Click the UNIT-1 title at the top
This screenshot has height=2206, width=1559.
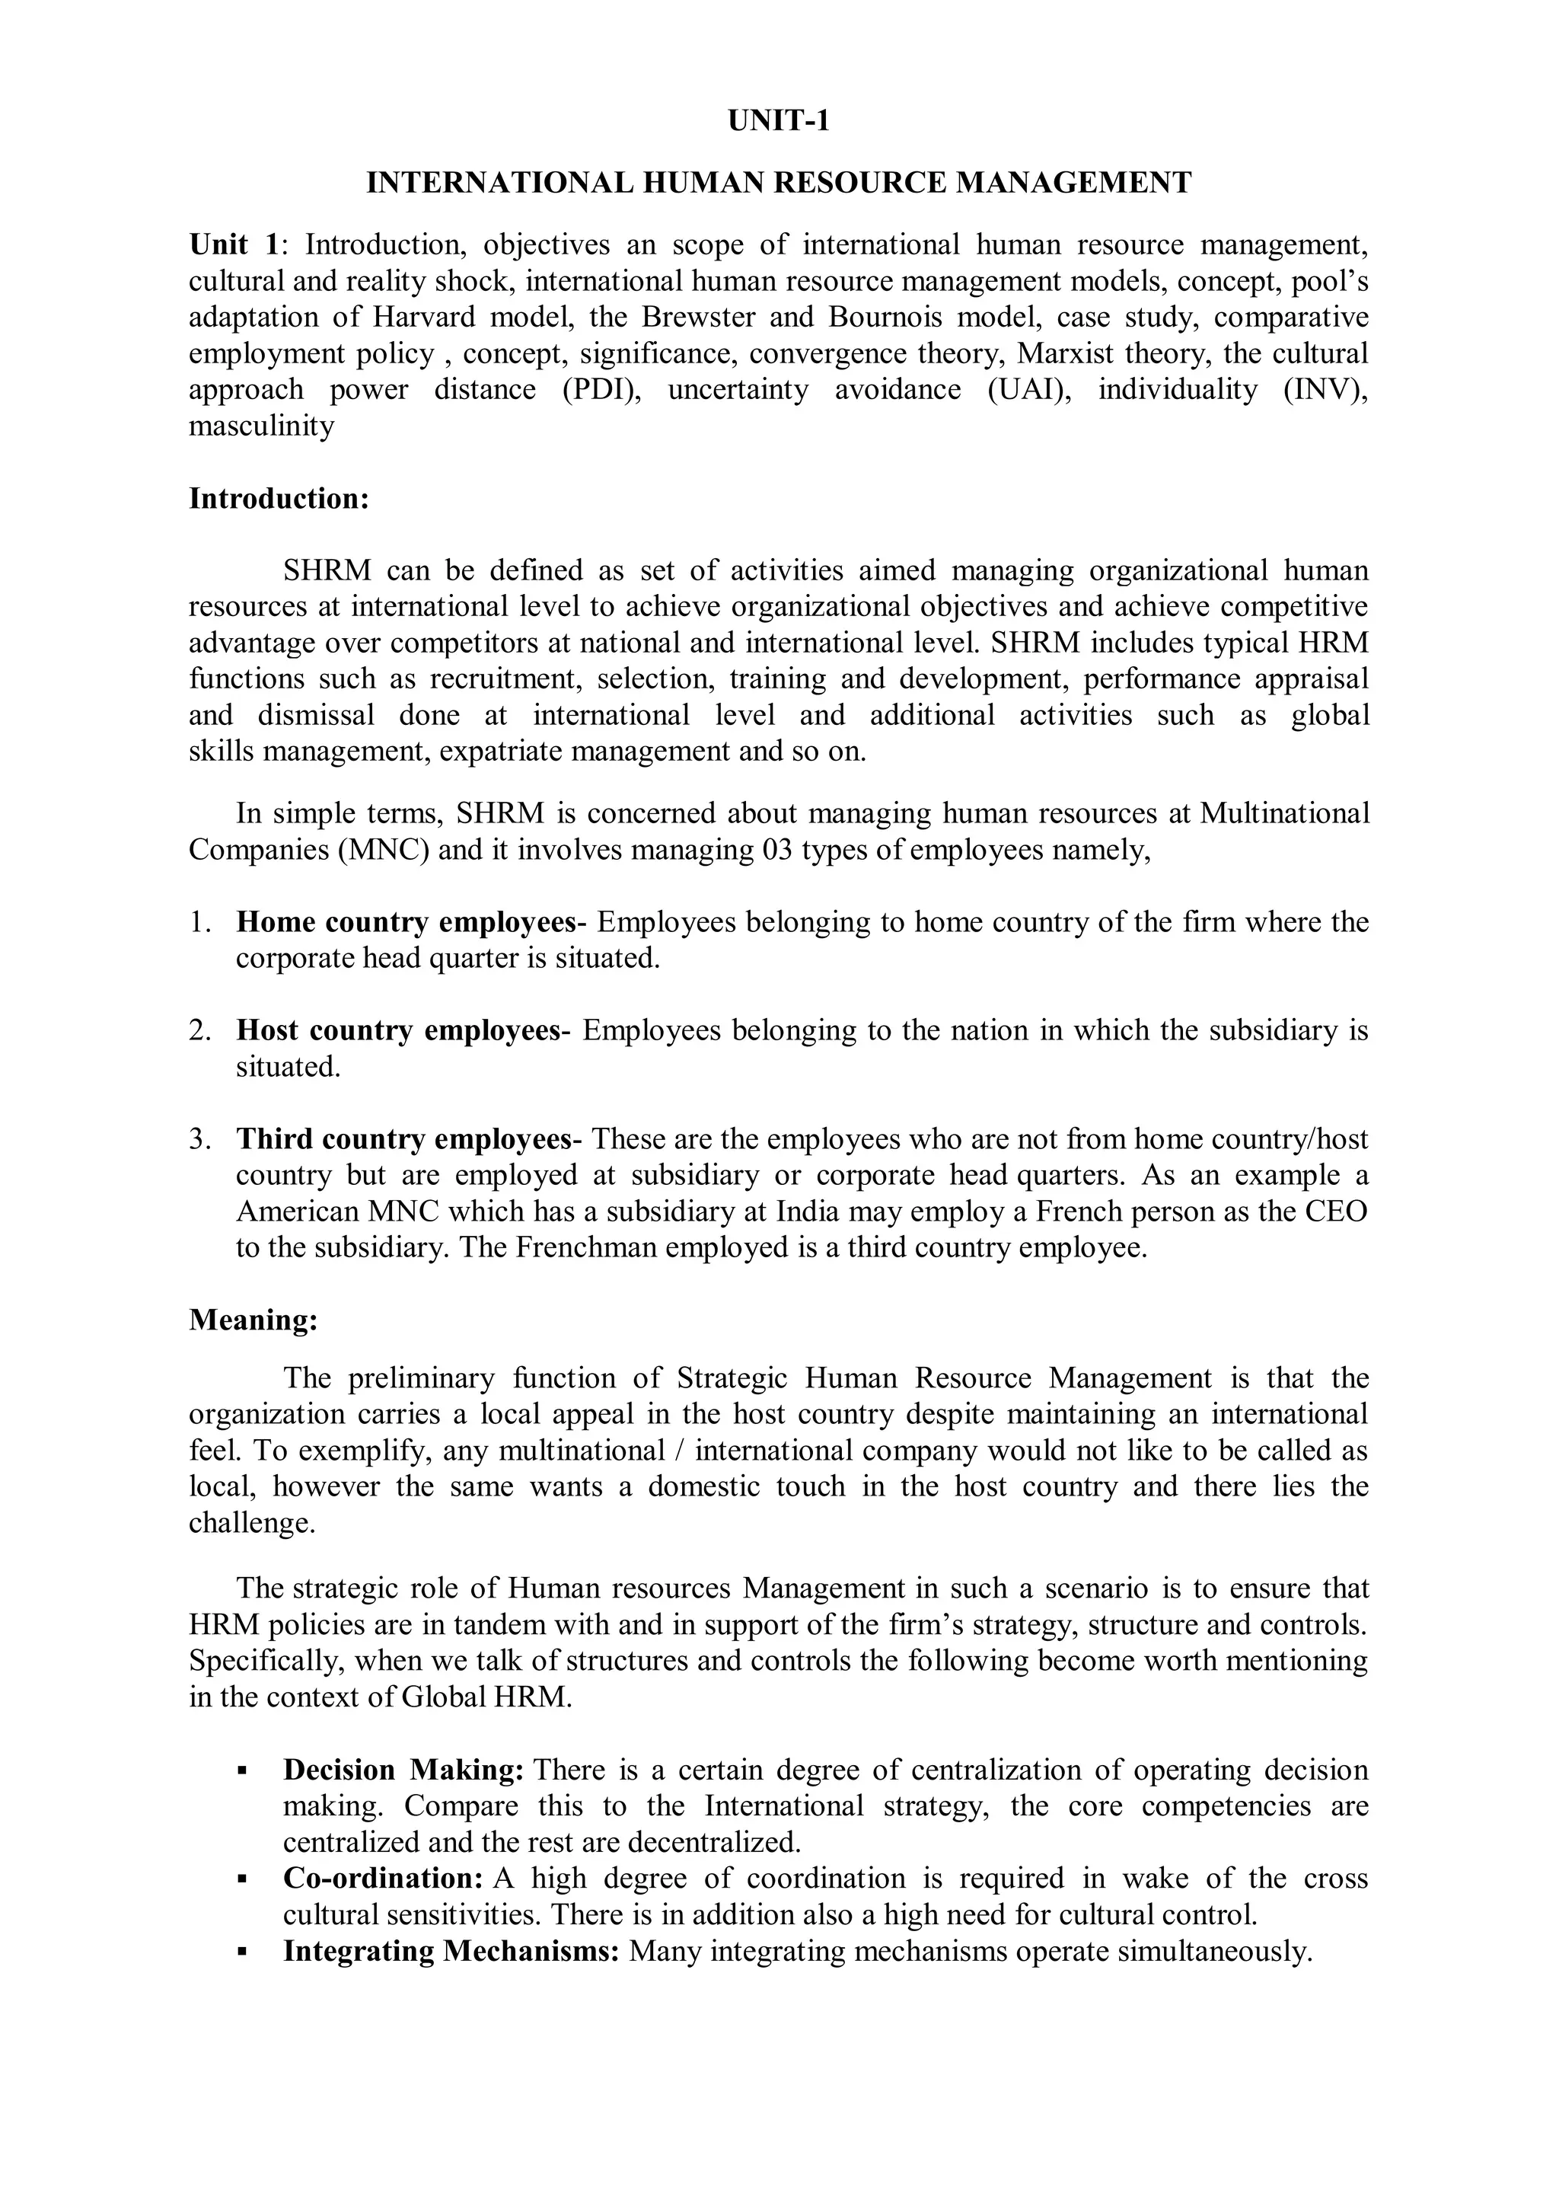(x=778, y=122)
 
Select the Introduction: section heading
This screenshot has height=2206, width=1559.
(x=279, y=500)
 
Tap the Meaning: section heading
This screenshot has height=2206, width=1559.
(x=253, y=1320)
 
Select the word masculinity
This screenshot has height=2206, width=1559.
(x=261, y=426)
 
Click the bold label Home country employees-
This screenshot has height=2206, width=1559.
(x=411, y=922)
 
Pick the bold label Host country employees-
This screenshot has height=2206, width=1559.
(x=403, y=1031)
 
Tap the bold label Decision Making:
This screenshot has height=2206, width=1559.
(x=403, y=1770)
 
